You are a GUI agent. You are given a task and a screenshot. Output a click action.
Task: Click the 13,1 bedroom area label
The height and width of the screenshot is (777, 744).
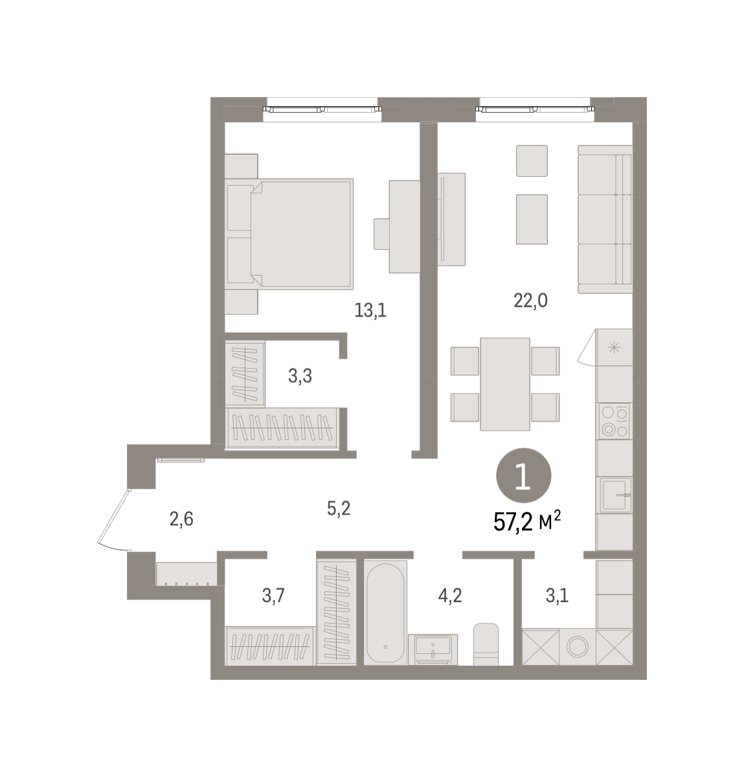pyautogui.click(x=370, y=310)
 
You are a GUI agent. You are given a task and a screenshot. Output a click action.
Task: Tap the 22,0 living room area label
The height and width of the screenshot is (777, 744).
pyautogui.click(x=530, y=300)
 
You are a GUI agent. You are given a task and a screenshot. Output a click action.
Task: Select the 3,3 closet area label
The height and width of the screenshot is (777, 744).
pyautogui.click(x=300, y=376)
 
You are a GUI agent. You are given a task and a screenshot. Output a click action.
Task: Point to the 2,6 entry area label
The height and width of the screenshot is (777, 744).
pyautogui.click(x=181, y=519)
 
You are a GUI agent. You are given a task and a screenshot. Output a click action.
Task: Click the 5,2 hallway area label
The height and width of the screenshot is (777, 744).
pyautogui.click(x=339, y=508)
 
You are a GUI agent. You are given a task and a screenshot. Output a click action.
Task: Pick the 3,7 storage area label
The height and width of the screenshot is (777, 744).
pyautogui.click(x=273, y=595)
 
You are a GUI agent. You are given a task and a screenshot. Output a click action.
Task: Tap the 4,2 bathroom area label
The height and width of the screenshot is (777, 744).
pyautogui.click(x=449, y=595)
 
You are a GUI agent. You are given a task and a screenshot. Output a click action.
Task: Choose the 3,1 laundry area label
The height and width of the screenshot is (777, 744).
pyautogui.click(x=557, y=595)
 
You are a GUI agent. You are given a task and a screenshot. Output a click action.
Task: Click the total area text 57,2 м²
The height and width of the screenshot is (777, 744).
pyautogui.click(x=527, y=521)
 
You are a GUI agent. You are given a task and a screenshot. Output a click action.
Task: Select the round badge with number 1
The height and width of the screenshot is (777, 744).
pyautogui.click(x=524, y=475)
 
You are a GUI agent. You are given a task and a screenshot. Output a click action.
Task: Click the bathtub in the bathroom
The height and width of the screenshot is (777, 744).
pyautogui.click(x=385, y=613)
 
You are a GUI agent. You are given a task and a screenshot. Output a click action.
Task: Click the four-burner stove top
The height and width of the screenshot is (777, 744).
pyautogui.click(x=614, y=421)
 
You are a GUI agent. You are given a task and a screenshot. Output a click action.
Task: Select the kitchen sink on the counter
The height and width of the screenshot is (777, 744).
pyautogui.click(x=614, y=495)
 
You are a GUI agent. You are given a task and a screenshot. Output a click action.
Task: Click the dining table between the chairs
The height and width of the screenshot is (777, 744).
pyautogui.click(x=505, y=384)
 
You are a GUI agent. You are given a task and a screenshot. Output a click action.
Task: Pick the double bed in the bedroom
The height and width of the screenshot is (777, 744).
pyautogui.click(x=289, y=234)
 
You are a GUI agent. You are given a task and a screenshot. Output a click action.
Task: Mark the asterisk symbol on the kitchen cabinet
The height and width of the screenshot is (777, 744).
pyautogui.click(x=614, y=347)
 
